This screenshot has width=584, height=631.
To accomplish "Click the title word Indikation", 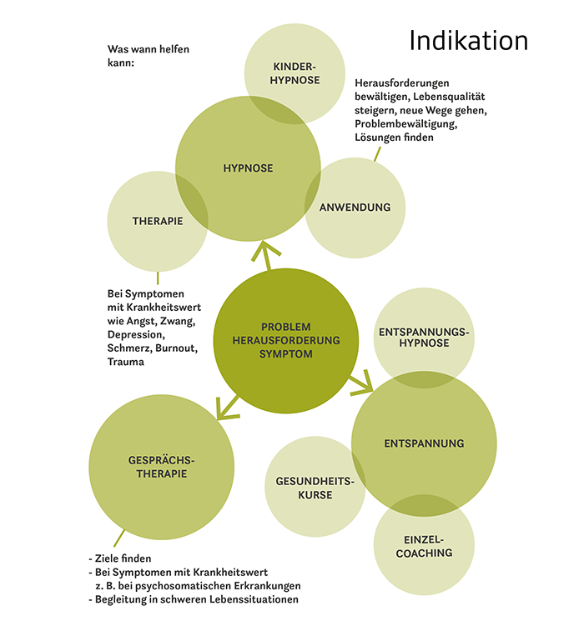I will coord(468,41).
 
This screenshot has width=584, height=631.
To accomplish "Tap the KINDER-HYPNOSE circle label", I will coord(296,73).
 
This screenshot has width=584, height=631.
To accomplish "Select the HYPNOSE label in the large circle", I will coord(248,168).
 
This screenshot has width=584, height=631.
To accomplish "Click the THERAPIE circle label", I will coord(158,221).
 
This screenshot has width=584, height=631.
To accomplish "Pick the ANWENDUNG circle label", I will coord(355,208).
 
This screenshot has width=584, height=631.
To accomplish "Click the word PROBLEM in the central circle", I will coord(285,327).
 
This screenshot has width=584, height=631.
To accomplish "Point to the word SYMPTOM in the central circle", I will coord(285,353).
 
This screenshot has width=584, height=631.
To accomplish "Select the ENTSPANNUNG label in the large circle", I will coord(424,443).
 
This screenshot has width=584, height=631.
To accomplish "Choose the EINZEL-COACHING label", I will coord(424,546).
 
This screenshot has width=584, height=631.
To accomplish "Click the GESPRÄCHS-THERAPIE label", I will coord(158,467).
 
